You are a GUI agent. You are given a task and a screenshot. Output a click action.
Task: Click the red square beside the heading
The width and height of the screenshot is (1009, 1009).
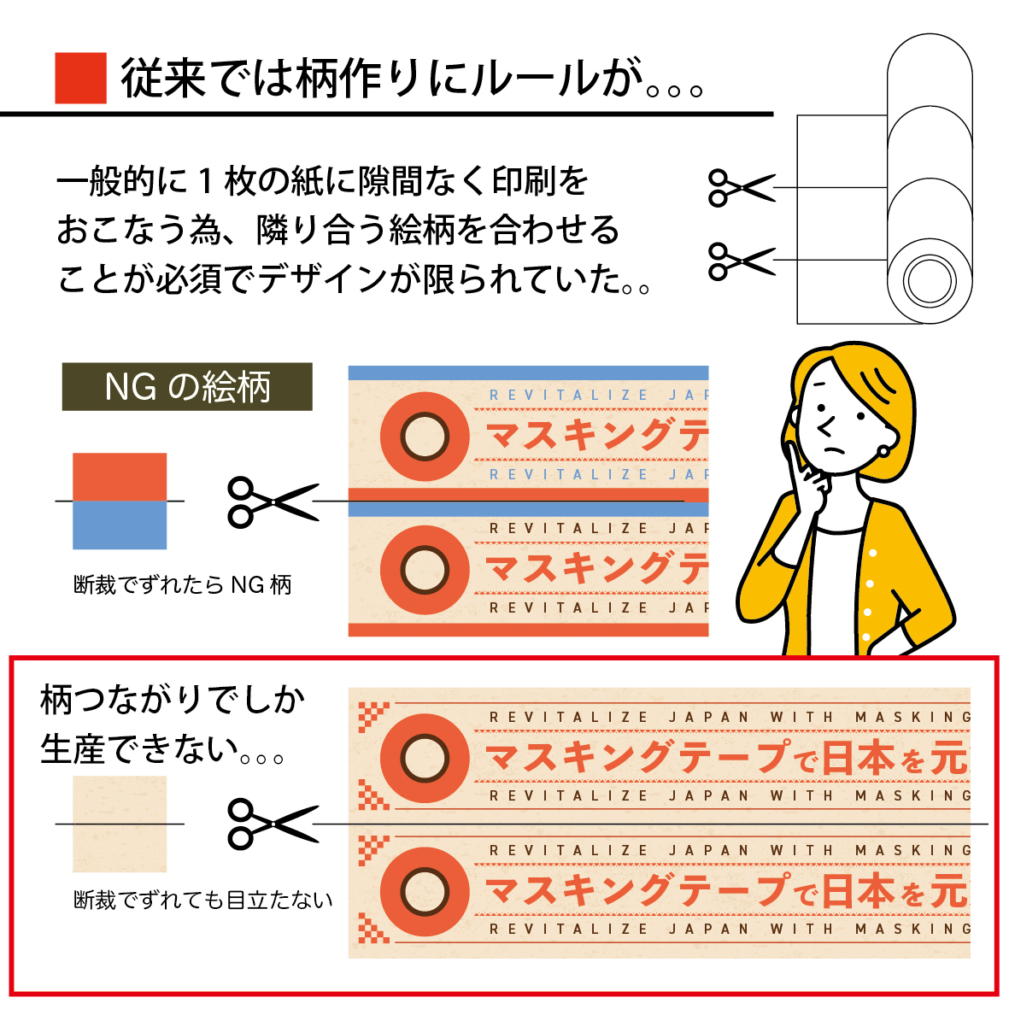tap(80, 78)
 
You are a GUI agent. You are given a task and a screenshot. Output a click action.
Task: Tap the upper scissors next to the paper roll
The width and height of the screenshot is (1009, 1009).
tap(740, 187)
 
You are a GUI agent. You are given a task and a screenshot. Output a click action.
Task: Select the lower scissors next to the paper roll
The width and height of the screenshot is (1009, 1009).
tap(740, 261)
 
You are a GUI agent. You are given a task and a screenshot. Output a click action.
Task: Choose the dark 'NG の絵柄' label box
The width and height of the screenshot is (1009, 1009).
tap(187, 387)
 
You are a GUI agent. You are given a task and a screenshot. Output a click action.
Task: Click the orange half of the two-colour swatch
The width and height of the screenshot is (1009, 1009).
tap(120, 476)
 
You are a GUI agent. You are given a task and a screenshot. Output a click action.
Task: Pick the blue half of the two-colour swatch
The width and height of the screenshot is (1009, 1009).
tap(120, 525)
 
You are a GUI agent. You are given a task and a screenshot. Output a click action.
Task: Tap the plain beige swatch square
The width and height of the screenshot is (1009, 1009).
tap(120, 823)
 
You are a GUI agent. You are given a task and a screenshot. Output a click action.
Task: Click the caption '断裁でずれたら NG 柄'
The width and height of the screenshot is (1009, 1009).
tap(183, 585)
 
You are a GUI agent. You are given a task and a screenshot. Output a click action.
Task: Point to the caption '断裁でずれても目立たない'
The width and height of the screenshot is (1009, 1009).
tap(203, 900)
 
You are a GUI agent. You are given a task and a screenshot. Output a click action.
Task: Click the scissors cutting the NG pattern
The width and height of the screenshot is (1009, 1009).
tap(272, 501)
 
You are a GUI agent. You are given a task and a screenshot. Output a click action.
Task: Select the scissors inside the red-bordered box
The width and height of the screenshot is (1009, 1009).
tap(272, 824)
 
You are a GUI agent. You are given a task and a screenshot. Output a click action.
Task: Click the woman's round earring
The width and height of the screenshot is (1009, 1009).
tap(883, 449)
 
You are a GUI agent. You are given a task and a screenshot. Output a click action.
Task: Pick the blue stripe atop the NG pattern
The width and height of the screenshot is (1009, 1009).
tap(528, 373)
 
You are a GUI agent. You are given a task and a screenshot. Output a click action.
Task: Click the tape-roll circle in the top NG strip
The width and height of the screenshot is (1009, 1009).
tap(425, 437)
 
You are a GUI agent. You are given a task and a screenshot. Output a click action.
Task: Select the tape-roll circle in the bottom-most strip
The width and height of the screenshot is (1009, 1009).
tap(425, 890)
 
